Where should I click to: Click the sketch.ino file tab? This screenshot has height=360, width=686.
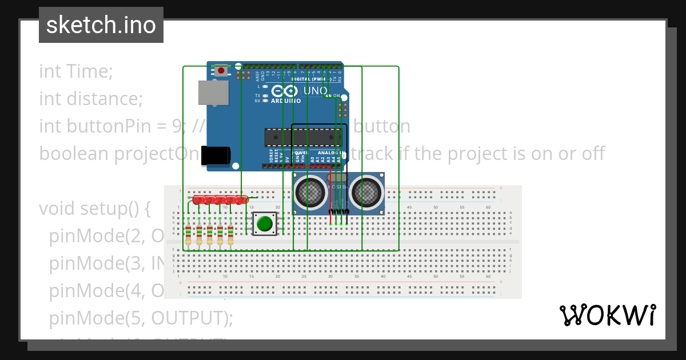(101, 25)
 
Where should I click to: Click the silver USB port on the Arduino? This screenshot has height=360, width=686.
(213, 93)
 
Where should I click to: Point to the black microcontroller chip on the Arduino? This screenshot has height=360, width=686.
(303, 137)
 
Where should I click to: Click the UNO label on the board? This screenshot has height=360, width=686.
(315, 91)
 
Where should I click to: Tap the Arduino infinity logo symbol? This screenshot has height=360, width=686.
(285, 91)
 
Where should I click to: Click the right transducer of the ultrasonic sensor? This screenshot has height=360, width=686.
(366, 193)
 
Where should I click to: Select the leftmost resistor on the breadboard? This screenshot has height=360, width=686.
(189, 234)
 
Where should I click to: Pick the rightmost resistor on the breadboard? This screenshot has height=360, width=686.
(230, 234)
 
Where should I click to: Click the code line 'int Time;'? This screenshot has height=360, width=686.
(76, 71)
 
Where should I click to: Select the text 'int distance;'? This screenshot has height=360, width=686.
(90, 99)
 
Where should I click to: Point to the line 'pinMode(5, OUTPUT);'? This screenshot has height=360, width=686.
(141, 318)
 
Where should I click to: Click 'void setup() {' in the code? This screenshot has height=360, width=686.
(94, 209)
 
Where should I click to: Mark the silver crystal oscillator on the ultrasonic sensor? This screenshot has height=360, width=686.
(338, 178)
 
